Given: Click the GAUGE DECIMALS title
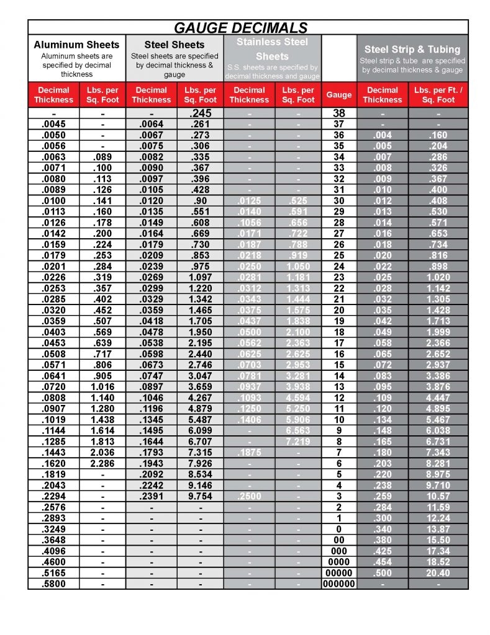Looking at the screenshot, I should (x=240, y=27).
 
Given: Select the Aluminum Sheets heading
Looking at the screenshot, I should (x=76, y=45).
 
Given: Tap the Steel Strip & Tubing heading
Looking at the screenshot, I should (x=412, y=49).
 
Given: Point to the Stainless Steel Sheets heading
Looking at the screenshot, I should (x=272, y=49).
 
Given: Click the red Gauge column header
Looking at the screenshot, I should (x=339, y=95).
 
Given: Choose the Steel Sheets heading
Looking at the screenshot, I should (x=175, y=45).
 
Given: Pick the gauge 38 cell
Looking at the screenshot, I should (x=339, y=114).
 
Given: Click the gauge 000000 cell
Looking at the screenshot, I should (x=339, y=584).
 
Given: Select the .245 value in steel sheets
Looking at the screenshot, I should (x=201, y=114).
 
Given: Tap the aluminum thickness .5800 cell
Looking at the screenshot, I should (x=54, y=584).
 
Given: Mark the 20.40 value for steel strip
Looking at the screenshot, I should (x=438, y=573).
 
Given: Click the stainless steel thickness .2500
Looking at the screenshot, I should (x=249, y=496).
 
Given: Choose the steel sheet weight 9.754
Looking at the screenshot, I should (x=201, y=496).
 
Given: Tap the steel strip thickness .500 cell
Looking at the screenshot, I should (x=383, y=573).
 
